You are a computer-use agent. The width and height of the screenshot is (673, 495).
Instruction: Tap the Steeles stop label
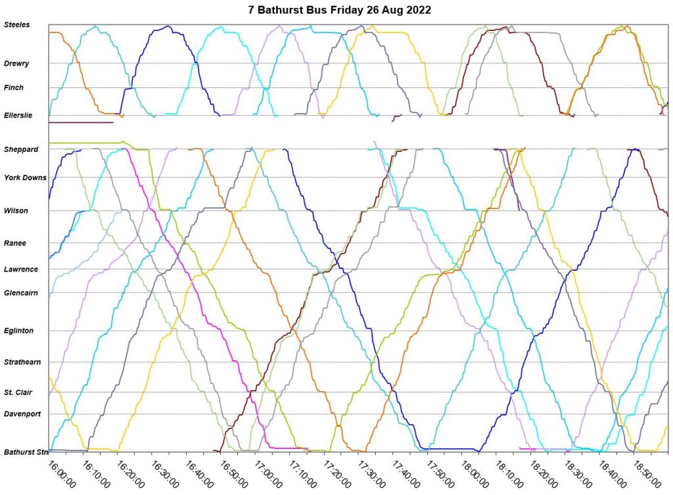(17, 25)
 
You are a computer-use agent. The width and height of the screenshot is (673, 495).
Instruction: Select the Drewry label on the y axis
(16, 63)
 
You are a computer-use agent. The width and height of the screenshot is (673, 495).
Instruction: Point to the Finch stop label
(14, 87)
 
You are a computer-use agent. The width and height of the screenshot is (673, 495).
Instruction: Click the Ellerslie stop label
(18, 116)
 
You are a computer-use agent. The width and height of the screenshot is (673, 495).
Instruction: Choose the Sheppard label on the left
(21, 149)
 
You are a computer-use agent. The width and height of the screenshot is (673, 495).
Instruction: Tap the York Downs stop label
(25, 177)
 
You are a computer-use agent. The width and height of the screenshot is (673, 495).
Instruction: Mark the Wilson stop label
(16, 211)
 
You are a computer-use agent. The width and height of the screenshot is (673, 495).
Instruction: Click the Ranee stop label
(15, 243)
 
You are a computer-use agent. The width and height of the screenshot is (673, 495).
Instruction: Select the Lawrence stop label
(21, 270)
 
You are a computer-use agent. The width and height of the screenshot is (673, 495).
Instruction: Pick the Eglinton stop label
(19, 331)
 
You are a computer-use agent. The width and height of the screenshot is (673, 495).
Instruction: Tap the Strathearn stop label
(22, 362)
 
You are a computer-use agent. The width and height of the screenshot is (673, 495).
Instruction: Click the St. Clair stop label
(18, 392)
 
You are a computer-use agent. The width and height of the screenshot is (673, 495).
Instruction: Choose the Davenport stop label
(22, 414)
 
